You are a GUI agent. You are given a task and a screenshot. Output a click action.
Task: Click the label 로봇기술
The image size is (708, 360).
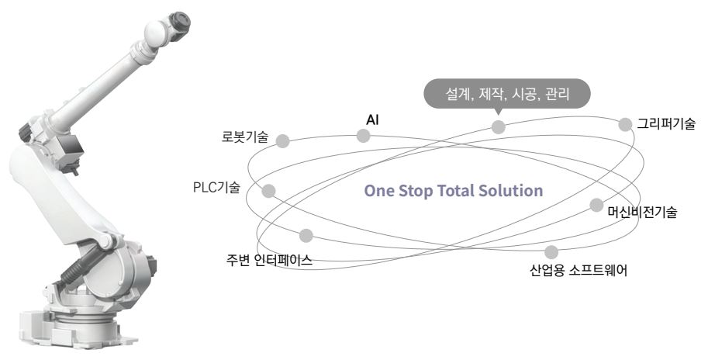click(x=244, y=138)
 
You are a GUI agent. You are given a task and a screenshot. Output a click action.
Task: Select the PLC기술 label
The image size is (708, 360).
click(x=216, y=188)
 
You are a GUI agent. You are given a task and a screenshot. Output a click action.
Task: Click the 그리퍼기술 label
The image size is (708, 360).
click(x=666, y=123)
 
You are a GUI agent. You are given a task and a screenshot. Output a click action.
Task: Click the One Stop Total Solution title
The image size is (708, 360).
click(x=453, y=191)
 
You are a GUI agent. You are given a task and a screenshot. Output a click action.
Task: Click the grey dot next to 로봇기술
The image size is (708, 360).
click(x=283, y=140)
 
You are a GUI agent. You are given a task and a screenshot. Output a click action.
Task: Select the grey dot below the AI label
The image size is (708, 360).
click(x=363, y=136)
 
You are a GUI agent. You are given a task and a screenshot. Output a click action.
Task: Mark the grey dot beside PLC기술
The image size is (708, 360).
click(x=269, y=190)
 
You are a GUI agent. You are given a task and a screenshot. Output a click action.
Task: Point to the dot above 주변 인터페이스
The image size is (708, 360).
click(x=306, y=234)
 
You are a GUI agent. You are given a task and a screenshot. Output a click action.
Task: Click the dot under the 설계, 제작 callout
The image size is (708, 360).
click(x=498, y=126)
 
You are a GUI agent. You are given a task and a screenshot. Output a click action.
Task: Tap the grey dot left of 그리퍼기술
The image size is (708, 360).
click(x=625, y=124)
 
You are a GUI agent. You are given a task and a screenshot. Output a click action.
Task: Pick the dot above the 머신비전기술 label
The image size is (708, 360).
click(x=596, y=205)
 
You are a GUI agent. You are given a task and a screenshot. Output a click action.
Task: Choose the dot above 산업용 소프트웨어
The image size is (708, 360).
click(x=551, y=251)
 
